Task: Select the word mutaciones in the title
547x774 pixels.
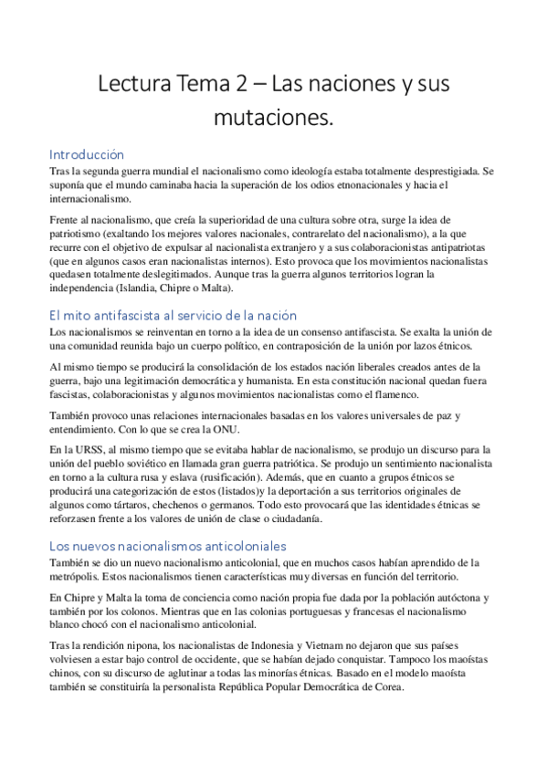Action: [x=273, y=119]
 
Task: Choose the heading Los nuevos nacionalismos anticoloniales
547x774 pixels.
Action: [x=167, y=545]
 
